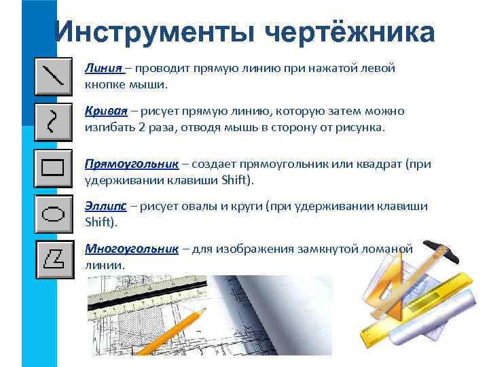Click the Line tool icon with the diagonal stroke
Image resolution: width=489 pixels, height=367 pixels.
click(53, 76)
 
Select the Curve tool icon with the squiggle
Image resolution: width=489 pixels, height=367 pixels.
click(53, 121)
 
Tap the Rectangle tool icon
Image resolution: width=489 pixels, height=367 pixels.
click(53, 167)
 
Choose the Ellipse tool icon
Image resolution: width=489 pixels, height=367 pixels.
click(53, 213)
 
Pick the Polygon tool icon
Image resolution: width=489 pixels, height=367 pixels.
click(53, 258)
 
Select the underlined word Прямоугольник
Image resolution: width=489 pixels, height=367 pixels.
click(132, 164)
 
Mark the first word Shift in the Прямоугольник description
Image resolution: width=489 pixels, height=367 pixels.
click(234, 180)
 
